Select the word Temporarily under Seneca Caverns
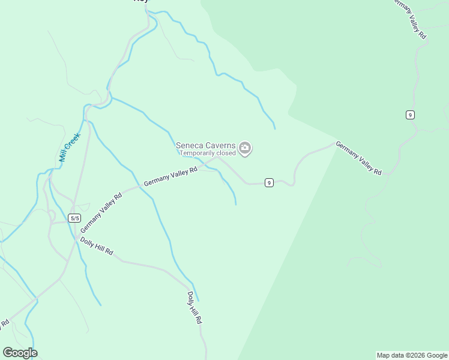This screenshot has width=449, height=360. coord(197,153)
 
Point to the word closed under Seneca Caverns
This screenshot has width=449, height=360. coord(226,153)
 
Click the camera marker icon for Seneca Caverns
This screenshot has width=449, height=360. coord(244,148)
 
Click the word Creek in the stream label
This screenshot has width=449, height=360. coord(72,142)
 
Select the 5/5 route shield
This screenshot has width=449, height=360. coord(74,218)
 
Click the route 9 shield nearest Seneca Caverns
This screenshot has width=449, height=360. coord(269,182)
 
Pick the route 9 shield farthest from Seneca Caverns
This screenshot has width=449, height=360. coord(410,115)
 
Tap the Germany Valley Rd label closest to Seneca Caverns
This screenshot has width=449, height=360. coord(170,176)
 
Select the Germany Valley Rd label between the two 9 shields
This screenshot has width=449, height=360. coord(358,158)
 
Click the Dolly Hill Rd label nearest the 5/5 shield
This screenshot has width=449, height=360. coord(97,246)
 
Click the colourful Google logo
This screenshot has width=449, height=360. coord(20,353)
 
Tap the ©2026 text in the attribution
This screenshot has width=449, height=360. coord(414,355)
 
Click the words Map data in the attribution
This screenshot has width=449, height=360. coord(389,355)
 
